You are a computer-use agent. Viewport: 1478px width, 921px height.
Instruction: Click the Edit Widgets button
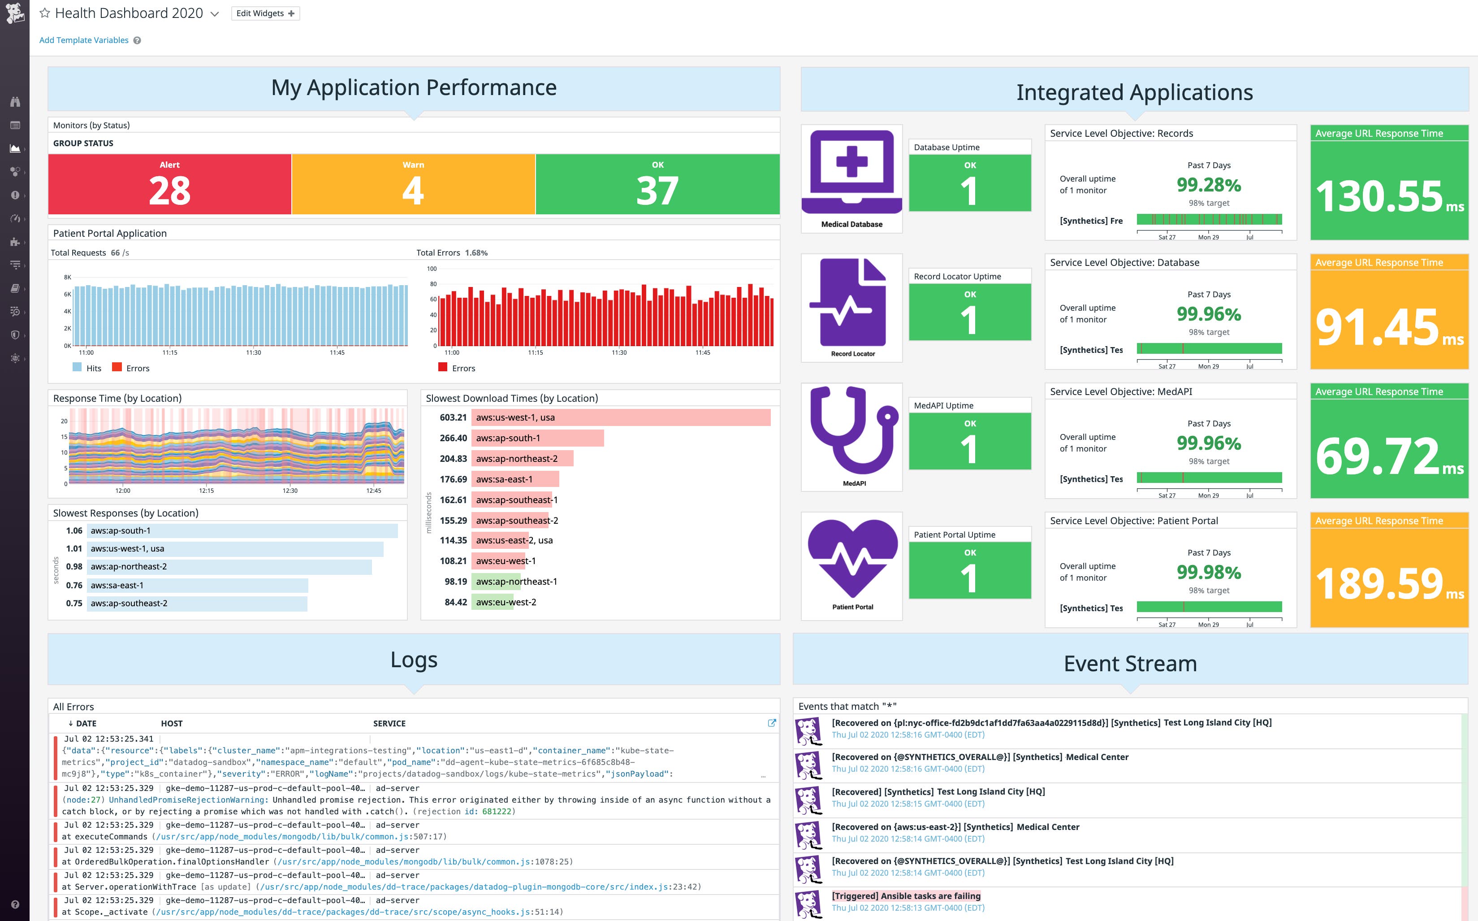click(265, 13)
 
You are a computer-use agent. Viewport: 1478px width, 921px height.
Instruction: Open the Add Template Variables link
click(83, 40)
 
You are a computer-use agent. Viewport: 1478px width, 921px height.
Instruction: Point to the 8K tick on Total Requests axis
click(68, 277)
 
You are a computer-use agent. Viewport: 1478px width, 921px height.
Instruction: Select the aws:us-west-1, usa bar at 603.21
click(620, 417)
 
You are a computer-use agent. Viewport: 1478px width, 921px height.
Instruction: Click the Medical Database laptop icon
click(851, 172)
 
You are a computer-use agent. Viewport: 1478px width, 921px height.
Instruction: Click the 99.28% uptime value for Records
click(1208, 185)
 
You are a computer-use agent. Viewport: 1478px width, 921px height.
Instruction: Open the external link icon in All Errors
click(771, 723)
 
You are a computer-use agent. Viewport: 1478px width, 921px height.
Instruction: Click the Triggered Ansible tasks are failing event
click(906, 895)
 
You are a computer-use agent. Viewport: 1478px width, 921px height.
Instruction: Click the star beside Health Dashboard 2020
click(44, 13)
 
